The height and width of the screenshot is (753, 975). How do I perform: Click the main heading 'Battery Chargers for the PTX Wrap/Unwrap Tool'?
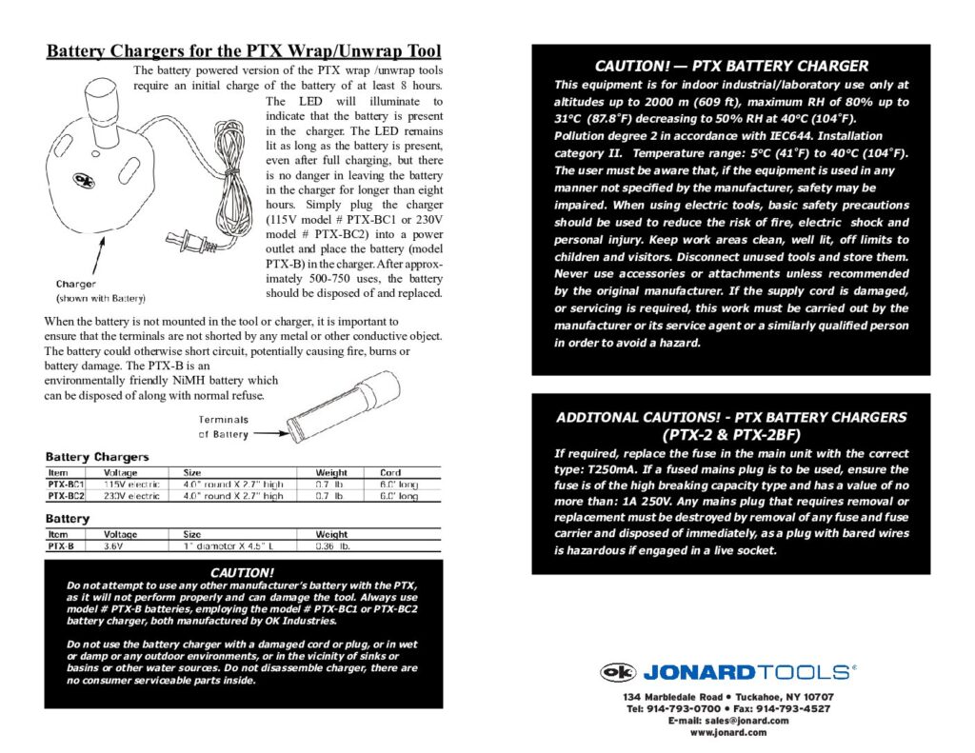pos(244,51)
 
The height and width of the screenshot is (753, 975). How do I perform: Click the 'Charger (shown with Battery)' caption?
pos(96,289)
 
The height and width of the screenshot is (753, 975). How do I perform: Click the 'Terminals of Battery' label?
pos(224,427)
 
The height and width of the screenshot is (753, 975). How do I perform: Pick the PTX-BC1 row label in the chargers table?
pos(67,484)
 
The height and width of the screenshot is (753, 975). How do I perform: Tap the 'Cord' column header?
pos(390,472)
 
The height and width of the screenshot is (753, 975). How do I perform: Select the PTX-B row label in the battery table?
pos(61,546)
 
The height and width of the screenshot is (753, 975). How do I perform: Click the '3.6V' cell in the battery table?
pos(114,546)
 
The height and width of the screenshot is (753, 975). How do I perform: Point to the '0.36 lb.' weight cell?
pos(334,546)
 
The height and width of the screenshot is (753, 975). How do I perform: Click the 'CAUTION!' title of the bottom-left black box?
pos(243,572)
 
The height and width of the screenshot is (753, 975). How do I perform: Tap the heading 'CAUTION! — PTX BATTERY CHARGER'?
pos(731,66)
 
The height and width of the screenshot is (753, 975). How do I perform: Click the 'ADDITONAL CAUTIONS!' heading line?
pos(731,417)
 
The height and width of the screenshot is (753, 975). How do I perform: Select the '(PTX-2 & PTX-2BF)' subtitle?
pos(731,434)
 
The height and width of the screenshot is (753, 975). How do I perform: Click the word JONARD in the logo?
pos(699,672)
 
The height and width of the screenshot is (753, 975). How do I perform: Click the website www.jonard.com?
pos(728,732)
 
